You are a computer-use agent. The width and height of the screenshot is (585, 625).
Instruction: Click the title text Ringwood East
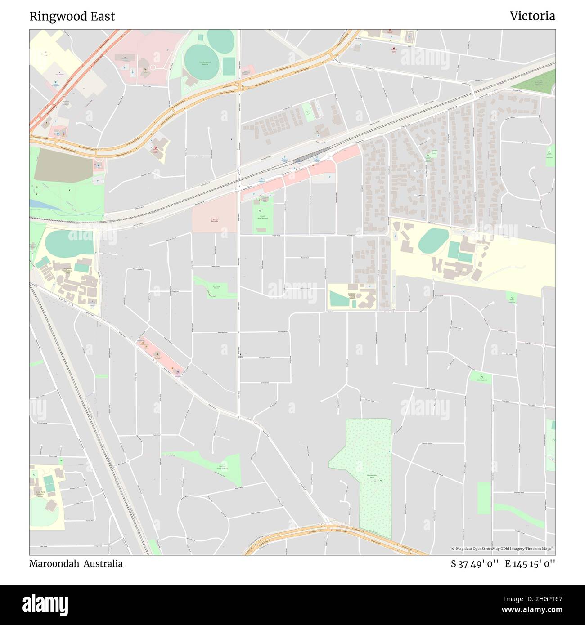[72, 16]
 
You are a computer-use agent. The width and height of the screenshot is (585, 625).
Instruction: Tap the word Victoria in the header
[532, 16]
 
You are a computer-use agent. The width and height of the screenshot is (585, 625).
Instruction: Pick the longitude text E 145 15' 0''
[530, 564]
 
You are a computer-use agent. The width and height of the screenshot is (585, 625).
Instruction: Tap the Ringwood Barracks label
[214, 220]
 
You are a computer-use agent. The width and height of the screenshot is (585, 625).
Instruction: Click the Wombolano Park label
[372, 476]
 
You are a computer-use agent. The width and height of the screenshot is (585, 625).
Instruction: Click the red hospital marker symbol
[156, 148]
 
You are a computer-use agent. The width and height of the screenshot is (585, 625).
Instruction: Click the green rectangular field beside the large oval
[229, 67]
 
